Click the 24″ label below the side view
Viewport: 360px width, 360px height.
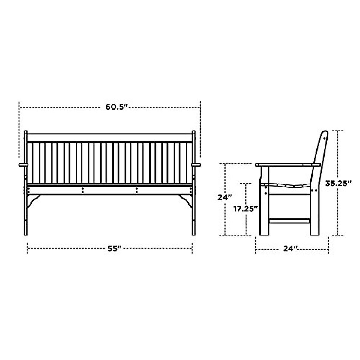(x=290, y=248)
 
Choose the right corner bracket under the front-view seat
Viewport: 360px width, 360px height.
(x=187, y=200)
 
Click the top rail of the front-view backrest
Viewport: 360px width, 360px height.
(x=109, y=137)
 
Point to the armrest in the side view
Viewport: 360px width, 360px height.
(x=286, y=165)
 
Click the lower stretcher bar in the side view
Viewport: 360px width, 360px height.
(x=289, y=221)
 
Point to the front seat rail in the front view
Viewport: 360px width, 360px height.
(x=109, y=190)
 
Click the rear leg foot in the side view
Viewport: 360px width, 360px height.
(x=315, y=231)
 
